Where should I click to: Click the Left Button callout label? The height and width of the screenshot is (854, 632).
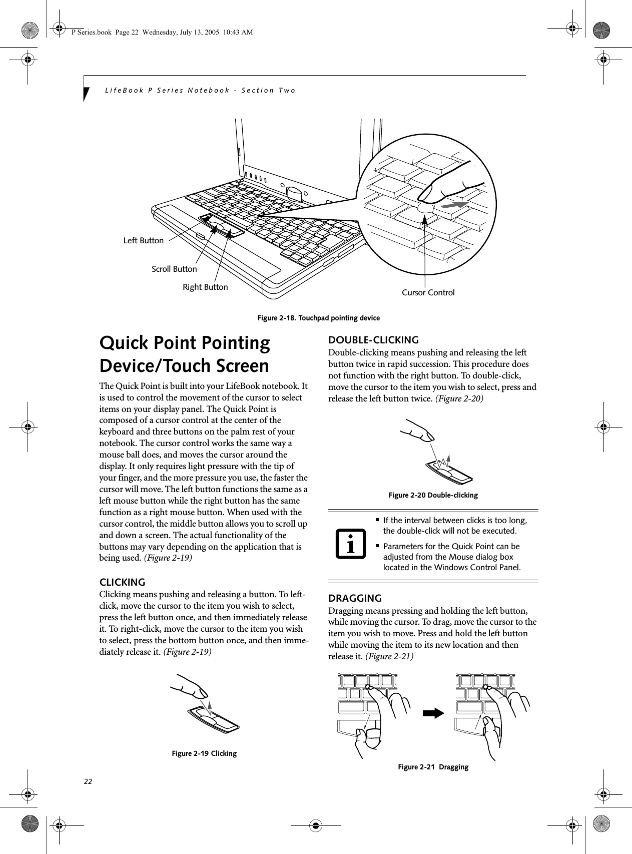coord(143,241)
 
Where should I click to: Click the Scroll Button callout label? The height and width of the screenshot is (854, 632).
coord(174,269)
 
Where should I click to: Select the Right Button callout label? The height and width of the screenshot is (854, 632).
coord(205,287)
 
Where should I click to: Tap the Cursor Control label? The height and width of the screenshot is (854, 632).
coord(428,293)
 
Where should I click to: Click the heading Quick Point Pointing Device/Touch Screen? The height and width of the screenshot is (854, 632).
coord(185,354)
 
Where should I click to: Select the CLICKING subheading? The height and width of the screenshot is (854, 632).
coord(123,582)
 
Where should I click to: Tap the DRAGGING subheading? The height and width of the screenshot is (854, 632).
coord(354,598)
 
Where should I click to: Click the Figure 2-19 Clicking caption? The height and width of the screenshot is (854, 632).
coord(204,753)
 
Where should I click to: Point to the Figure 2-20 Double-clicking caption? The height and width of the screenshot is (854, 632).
coord(433,495)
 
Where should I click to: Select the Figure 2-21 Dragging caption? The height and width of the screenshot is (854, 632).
coord(433,767)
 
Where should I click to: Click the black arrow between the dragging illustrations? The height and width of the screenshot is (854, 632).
coord(433,713)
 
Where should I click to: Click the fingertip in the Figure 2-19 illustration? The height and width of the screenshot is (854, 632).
coord(202,693)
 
